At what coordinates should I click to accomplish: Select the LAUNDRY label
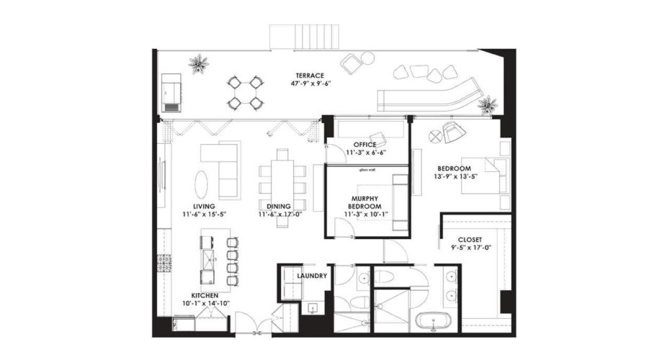click(x=311, y=276)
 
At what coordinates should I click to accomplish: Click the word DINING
click(x=278, y=207)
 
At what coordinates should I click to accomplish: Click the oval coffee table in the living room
click(x=204, y=182)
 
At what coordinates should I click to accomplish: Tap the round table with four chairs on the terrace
click(x=246, y=92)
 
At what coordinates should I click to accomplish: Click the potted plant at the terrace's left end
click(x=198, y=63)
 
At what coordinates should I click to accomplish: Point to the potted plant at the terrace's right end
click(x=488, y=105)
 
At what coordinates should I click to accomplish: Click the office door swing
click(x=334, y=153)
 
